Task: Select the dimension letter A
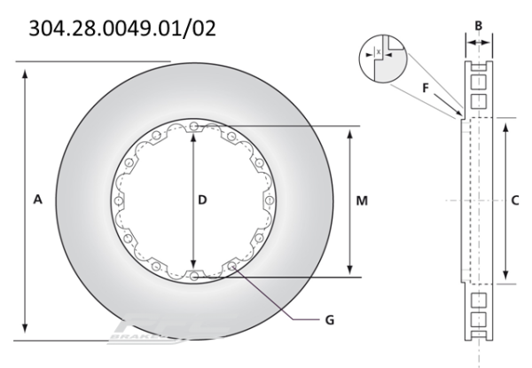[x=37, y=201]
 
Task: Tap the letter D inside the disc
[x=202, y=201]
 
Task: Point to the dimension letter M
[x=362, y=201]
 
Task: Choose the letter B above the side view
[x=479, y=26]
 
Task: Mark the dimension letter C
[x=515, y=201]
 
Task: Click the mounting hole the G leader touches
[x=232, y=266]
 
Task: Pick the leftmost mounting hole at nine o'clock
[x=118, y=201]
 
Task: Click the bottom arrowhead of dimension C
[x=505, y=278]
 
